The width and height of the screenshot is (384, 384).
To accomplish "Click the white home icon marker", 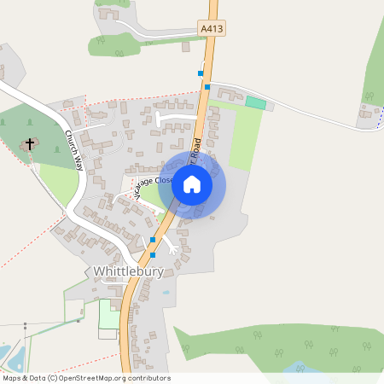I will pos(192,184).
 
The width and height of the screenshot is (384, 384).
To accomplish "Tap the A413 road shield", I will pos(212,29).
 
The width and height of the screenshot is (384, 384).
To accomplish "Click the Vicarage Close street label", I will pos(154,185).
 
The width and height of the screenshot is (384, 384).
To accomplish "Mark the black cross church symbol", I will pos(31,143).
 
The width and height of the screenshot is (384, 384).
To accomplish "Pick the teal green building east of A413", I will pos(255,102).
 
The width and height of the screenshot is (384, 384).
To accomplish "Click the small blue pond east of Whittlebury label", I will pos(165,292).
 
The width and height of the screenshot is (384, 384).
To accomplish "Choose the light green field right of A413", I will pos(242,137).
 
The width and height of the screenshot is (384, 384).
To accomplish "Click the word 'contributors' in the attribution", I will pos(148,378).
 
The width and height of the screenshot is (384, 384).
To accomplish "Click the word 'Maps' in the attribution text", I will pos(12,378).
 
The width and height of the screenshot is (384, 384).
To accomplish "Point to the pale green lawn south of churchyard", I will pos(58,181).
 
